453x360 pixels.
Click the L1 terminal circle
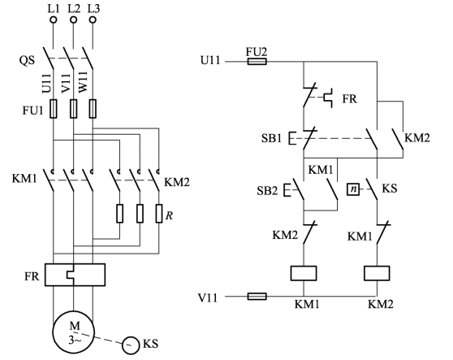pyautogui.click(x=54, y=20)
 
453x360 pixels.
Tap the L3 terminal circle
pyautogui.click(x=93, y=20)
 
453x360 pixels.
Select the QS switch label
pyautogui.click(x=27, y=60)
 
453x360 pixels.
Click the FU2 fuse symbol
pyautogui.click(x=257, y=62)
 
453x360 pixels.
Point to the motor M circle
pyautogui.click(x=53, y=332)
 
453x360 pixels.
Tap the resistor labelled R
pyautogui.click(x=159, y=214)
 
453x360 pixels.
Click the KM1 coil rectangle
pyautogui.click(x=304, y=273)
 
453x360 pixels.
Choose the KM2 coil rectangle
pyautogui.click(x=377, y=273)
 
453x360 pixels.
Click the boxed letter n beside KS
pyautogui.click(x=353, y=189)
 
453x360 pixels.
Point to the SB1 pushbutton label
pyautogui.click(x=271, y=138)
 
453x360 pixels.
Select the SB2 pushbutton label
pyautogui.click(x=267, y=190)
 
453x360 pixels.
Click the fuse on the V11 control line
pyautogui.click(x=257, y=297)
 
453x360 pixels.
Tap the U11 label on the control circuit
pyautogui.click(x=210, y=61)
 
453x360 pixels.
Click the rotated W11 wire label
pyautogui.click(x=83, y=83)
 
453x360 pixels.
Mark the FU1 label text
pyautogui.click(x=33, y=111)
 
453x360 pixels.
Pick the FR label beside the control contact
pyautogui.click(x=350, y=99)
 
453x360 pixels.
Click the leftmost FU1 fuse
pyautogui.click(x=54, y=108)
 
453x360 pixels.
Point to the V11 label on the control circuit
pyautogui.click(x=208, y=297)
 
